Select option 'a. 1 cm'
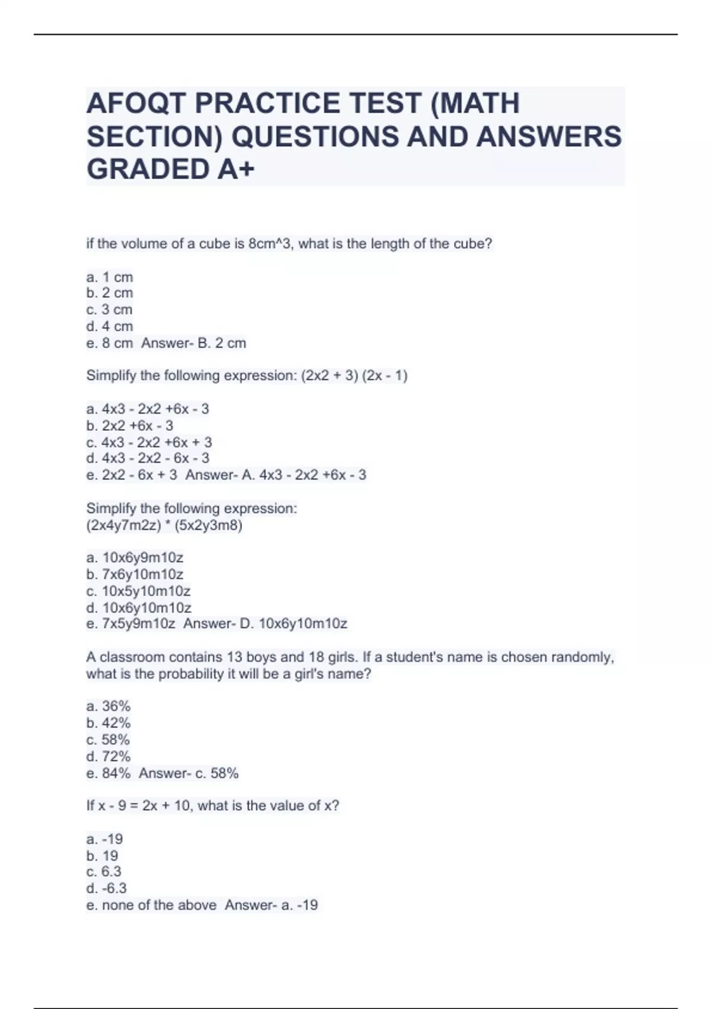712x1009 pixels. [x=110, y=277]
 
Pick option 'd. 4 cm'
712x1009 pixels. [x=110, y=326]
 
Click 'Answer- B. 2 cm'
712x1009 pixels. [x=193, y=343]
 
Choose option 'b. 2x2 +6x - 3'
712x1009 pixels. [x=130, y=426]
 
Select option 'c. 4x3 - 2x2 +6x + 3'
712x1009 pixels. [x=149, y=442]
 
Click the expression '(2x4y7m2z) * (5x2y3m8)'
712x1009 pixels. [x=164, y=525]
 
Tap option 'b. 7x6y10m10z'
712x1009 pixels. [x=135, y=574]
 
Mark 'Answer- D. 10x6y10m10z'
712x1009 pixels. [x=265, y=624]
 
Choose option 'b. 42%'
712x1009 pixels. [x=109, y=723]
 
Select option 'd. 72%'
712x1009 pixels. [x=109, y=756]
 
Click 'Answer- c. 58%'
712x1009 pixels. [x=189, y=773]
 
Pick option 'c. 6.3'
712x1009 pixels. [x=104, y=871]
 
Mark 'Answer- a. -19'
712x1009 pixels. [x=271, y=905]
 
